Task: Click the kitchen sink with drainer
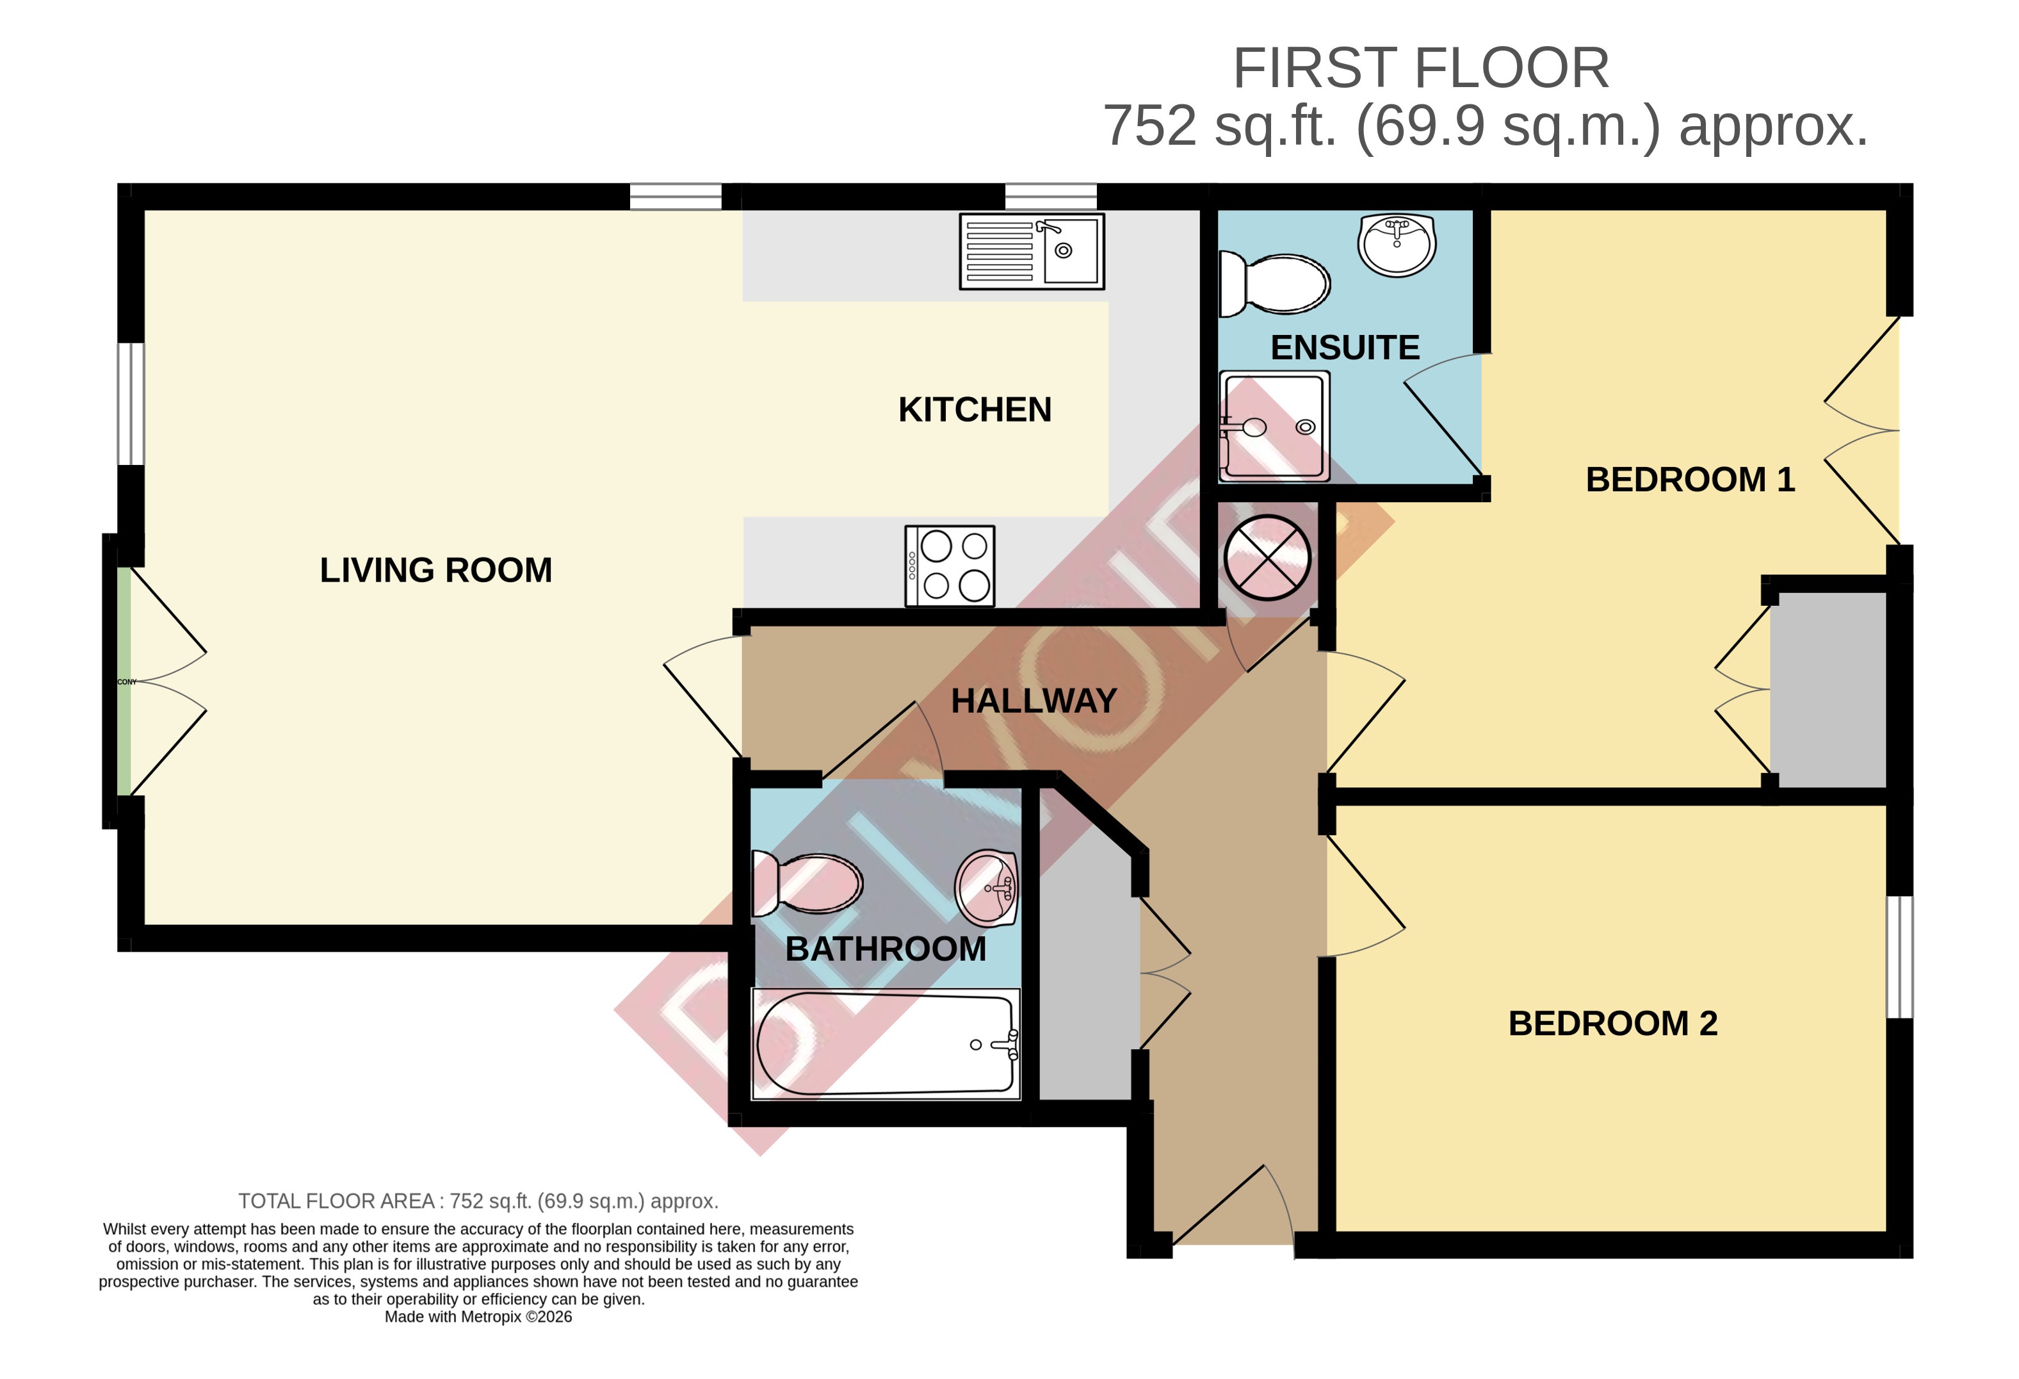(1031, 251)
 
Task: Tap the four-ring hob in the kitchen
(950, 566)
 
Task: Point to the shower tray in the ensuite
(1274, 427)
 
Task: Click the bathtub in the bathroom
(885, 1043)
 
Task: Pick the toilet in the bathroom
(807, 884)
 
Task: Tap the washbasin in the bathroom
(986, 887)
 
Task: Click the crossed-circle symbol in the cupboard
(1267, 557)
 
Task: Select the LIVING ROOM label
(436, 570)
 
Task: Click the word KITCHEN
(975, 409)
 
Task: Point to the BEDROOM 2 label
(1612, 1024)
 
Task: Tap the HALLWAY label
(1034, 700)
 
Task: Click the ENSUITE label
(1345, 348)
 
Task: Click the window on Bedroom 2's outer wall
(1899, 957)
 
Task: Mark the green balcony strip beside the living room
(124, 681)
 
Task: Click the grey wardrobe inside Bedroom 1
(1828, 690)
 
